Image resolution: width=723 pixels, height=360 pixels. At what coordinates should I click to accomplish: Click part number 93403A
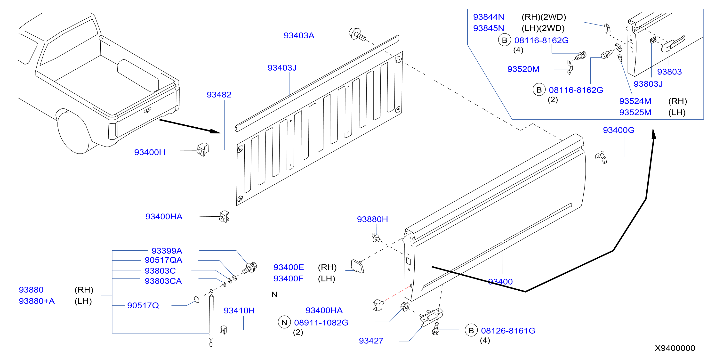[x=299, y=35]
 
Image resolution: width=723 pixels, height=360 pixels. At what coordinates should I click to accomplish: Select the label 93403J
[x=282, y=68]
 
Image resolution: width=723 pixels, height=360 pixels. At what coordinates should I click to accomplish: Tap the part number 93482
[x=219, y=95]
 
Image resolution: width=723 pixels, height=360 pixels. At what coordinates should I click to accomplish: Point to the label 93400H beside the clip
[x=150, y=152]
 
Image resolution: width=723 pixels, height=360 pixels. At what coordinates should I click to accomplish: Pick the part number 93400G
[x=619, y=130]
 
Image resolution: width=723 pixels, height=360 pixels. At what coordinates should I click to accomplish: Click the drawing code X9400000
[x=675, y=348]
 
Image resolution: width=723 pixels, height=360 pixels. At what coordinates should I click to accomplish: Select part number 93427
[x=371, y=341]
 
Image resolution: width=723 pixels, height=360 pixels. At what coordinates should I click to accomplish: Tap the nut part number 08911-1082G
[x=321, y=323]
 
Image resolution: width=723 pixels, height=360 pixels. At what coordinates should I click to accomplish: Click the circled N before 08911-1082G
[x=284, y=322]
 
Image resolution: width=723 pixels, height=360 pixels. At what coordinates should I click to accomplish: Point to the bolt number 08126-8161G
[x=508, y=331]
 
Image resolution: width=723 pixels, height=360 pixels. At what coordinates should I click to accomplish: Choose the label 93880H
[x=372, y=219]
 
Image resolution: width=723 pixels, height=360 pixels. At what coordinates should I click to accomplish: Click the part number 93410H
[x=239, y=311]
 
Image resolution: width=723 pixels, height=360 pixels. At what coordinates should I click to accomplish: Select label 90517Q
[x=143, y=305]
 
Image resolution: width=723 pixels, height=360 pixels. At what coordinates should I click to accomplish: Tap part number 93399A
[x=167, y=251]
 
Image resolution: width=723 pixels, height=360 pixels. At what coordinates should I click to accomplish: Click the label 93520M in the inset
[x=523, y=69]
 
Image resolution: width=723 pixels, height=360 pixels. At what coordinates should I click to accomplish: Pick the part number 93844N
[x=488, y=17]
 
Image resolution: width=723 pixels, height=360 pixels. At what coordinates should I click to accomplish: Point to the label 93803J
[x=648, y=84]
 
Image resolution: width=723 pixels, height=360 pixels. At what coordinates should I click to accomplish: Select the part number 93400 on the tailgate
[x=500, y=282]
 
